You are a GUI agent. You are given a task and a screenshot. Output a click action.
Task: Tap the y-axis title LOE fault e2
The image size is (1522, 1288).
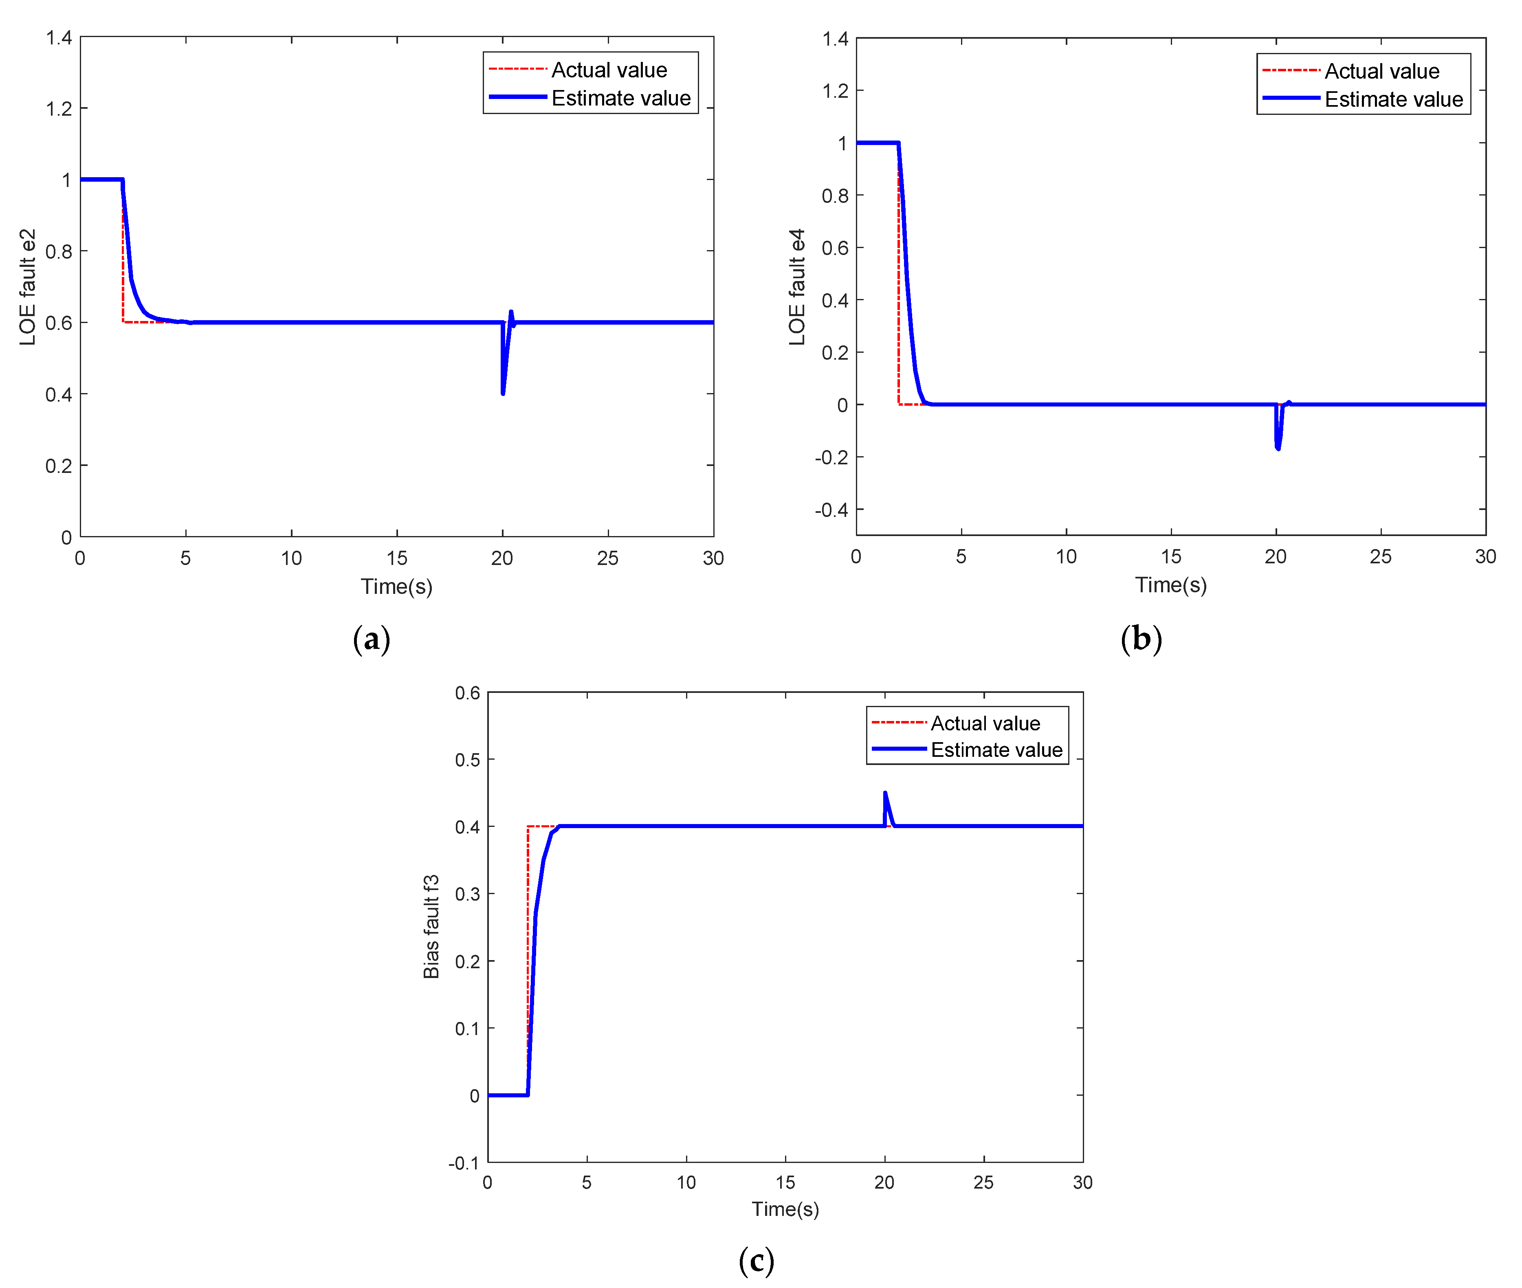(x=28, y=287)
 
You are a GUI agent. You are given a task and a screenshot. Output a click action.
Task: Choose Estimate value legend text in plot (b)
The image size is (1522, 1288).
(x=1393, y=99)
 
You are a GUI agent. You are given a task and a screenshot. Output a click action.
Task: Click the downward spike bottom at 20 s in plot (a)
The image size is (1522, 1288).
(x=502, y=393)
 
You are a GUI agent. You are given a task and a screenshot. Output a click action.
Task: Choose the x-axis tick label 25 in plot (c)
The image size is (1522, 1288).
(x=983, y=1182)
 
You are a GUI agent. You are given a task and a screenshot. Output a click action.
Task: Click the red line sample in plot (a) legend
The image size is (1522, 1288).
(x=517, y=69)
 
